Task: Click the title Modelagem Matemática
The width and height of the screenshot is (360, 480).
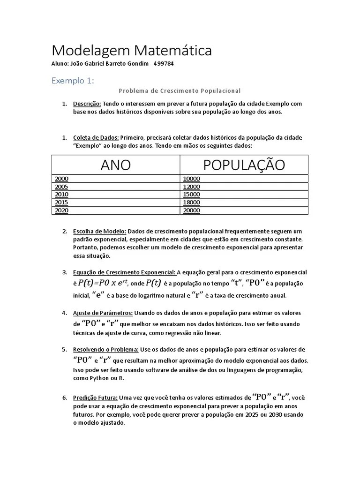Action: (131, 51)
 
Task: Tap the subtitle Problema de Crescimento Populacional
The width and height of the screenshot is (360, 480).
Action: (180, 90)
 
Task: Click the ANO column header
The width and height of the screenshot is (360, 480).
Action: (115, 165)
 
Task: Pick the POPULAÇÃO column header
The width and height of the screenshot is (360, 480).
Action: (244, 165)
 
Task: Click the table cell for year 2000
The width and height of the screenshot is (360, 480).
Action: (62, 179)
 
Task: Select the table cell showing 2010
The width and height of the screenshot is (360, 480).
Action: (62, 195)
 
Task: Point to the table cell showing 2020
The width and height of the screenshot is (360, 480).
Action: (62, 210)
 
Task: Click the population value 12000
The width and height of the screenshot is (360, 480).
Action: (192, 187)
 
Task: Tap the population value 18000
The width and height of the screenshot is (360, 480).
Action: (192, 202)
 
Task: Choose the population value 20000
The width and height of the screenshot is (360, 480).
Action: (192, 210)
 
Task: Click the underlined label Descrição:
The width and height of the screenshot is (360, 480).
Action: (87, 104)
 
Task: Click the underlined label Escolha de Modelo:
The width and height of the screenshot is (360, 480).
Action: (99, 231)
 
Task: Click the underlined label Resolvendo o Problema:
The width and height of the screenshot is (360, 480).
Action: (105, 349)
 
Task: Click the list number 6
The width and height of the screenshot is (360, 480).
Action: (64, 397)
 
